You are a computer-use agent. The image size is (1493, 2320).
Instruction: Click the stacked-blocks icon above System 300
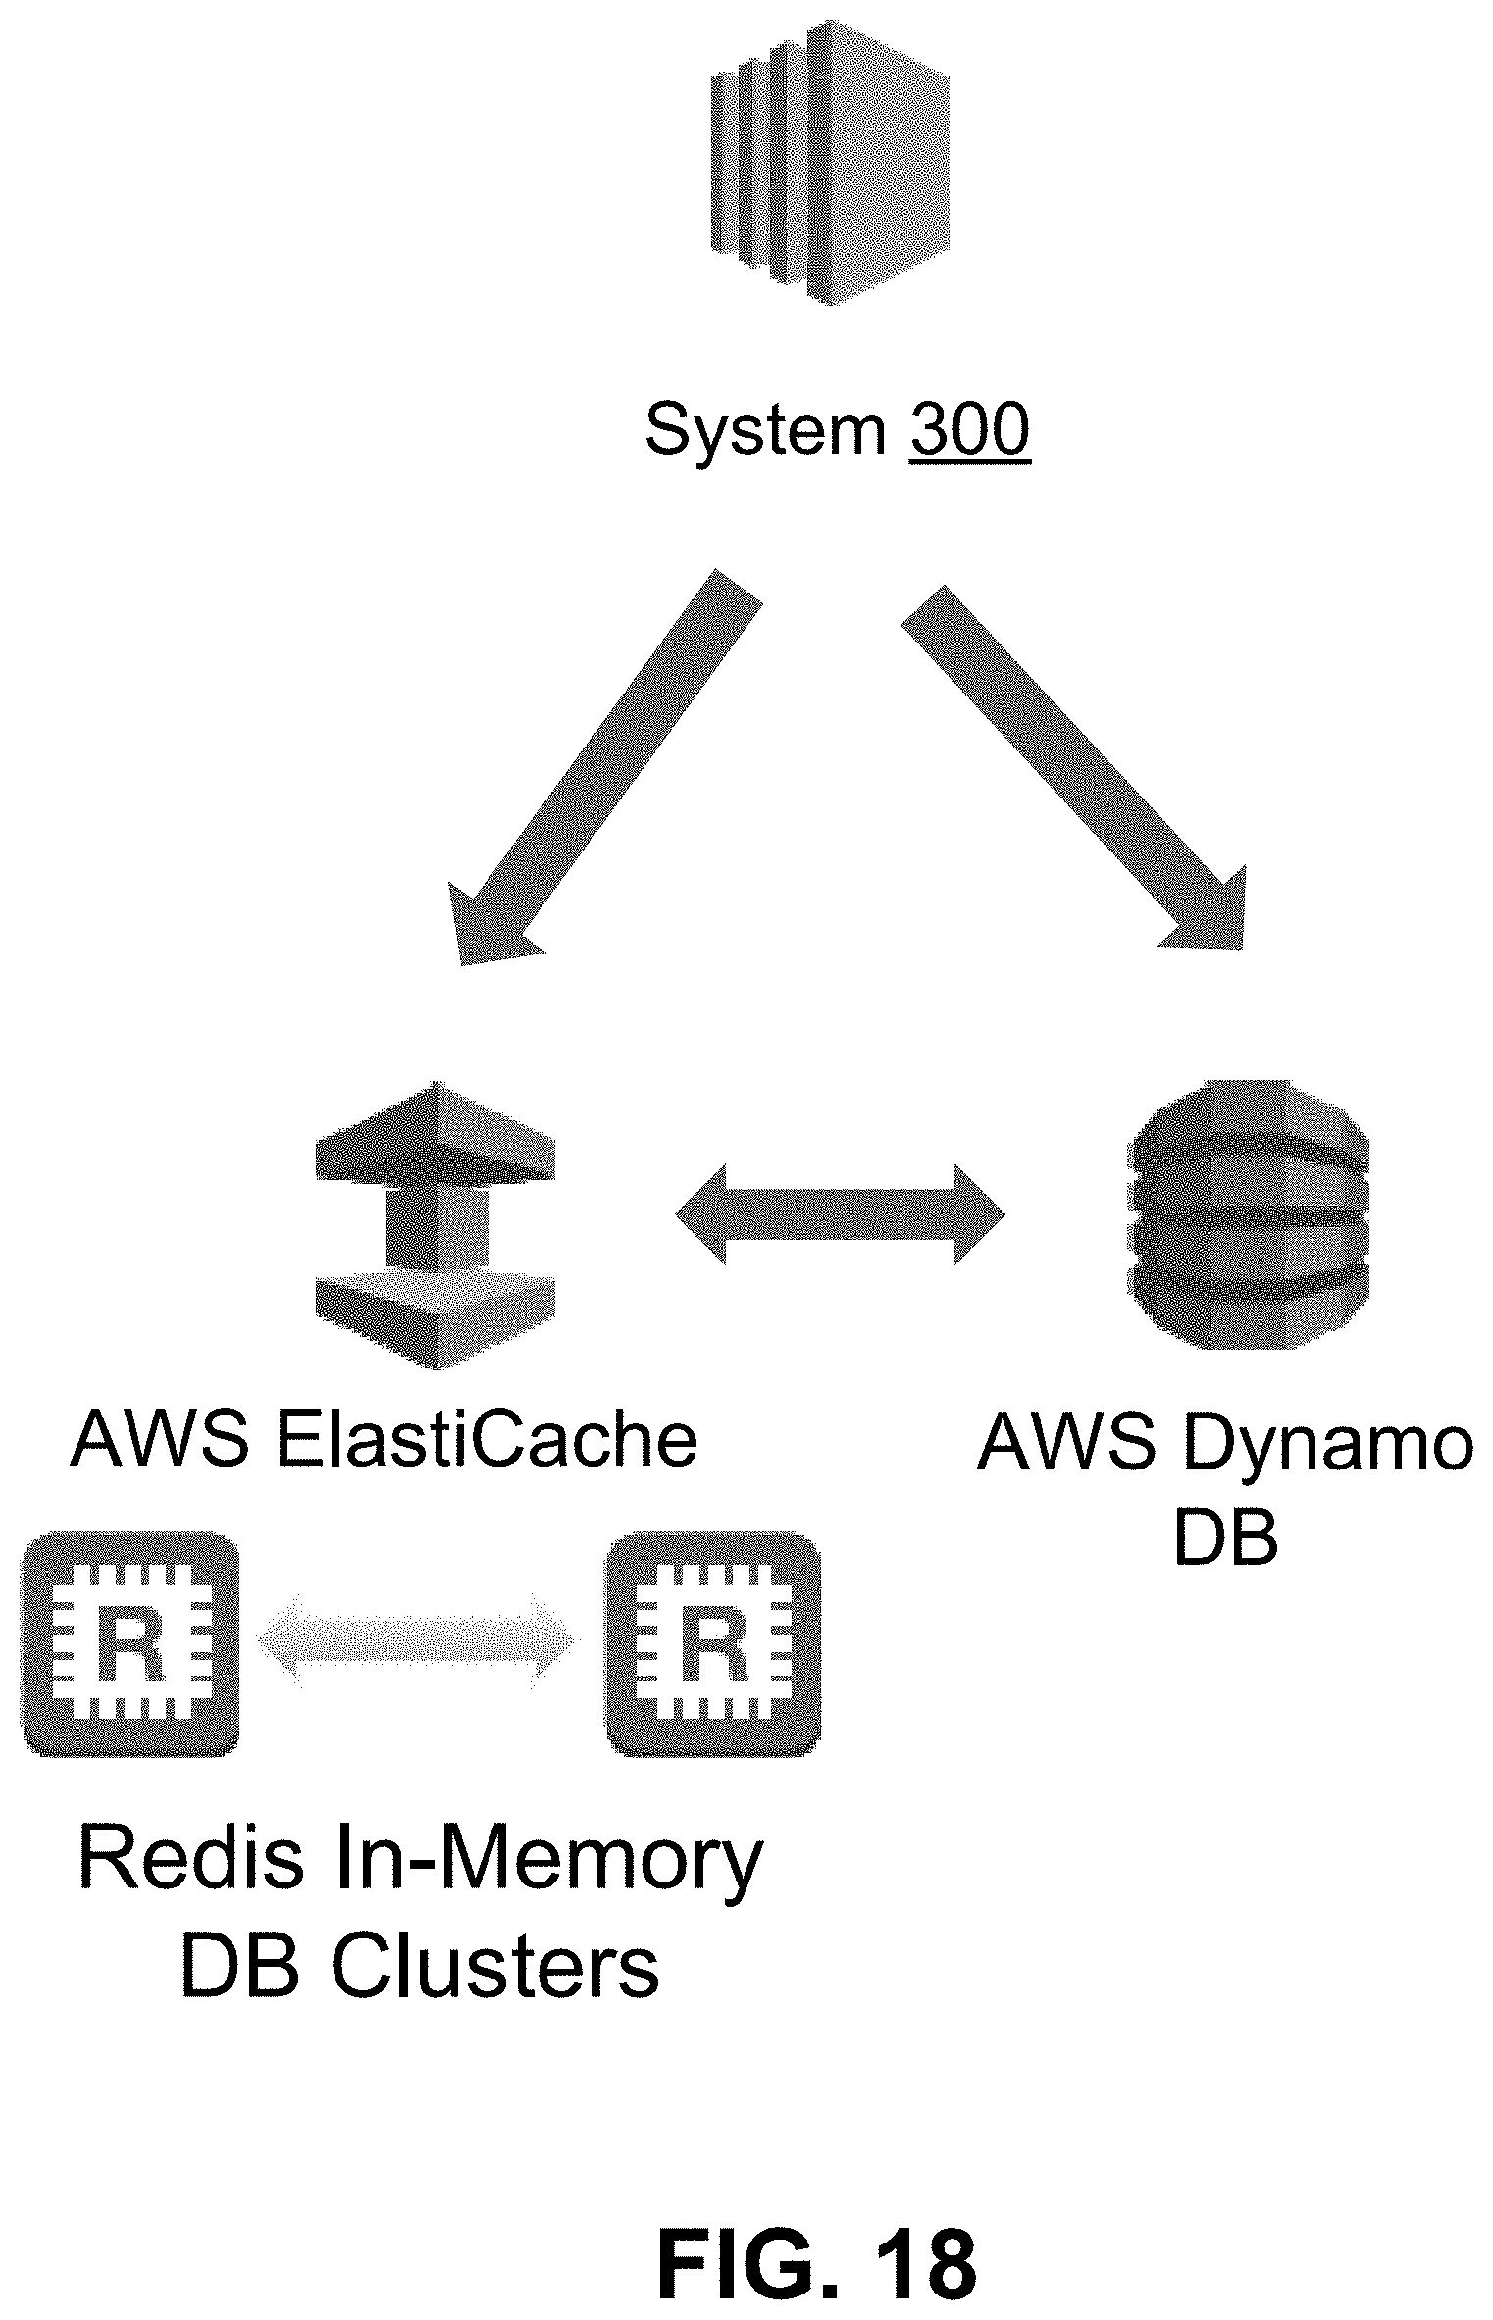pos(830,163)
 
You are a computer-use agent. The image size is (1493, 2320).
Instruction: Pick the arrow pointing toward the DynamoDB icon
pos(1073,767)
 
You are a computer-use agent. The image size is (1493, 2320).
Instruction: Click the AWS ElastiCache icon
pos(435,1225)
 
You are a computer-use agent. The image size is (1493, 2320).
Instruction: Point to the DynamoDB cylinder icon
pos(1251,1214)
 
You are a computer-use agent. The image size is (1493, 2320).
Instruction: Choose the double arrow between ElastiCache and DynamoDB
pos(841,1214)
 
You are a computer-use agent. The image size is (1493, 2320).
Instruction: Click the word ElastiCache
pos(487,1440)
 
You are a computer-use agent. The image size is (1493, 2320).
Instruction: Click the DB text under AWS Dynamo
pos(1226,1538)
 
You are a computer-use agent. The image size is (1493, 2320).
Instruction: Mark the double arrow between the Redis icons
pos(418,1640)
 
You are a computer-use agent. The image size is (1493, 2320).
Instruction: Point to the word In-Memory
pos(545,1867)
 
